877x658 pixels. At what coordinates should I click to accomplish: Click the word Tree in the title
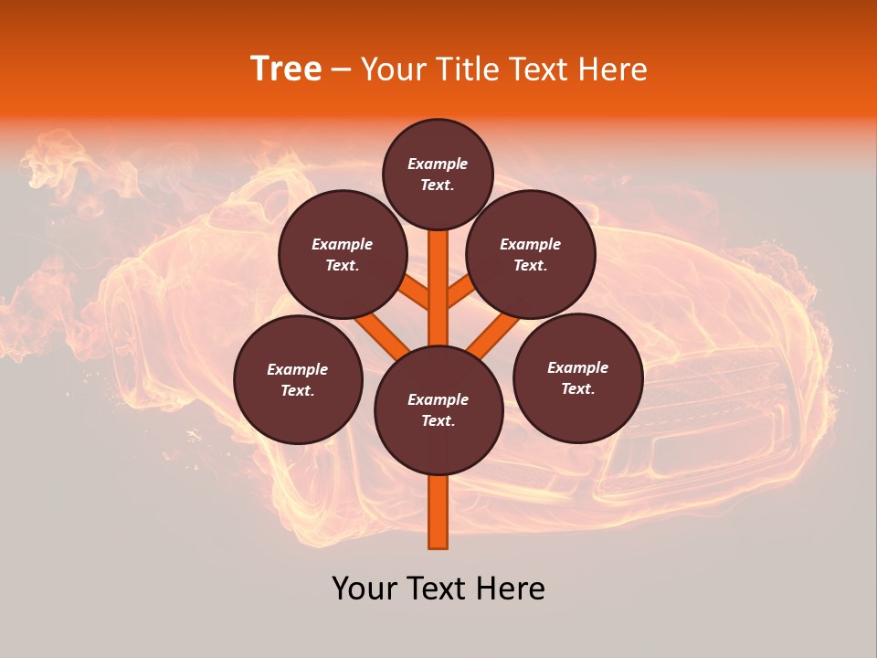pos(286,69)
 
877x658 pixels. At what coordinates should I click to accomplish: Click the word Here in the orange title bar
pos(613,69)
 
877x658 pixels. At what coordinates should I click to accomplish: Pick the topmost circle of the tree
pos(438,174)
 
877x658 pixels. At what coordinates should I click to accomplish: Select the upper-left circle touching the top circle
pos(343,254)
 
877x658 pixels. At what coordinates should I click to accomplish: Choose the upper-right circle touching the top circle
pos(531,254)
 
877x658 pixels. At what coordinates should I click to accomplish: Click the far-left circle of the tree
pos(298,379)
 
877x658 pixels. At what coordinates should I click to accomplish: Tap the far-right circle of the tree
pos(577,377)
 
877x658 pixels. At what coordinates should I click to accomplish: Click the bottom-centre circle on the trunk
pos(438,410)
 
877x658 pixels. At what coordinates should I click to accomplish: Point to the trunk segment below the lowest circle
pos(438,512)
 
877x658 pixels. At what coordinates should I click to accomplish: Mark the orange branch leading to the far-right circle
pos(493,334)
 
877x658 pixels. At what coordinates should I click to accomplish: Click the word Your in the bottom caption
pos(365,589)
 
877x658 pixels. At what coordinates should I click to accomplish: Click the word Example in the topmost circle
pos(438,164)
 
